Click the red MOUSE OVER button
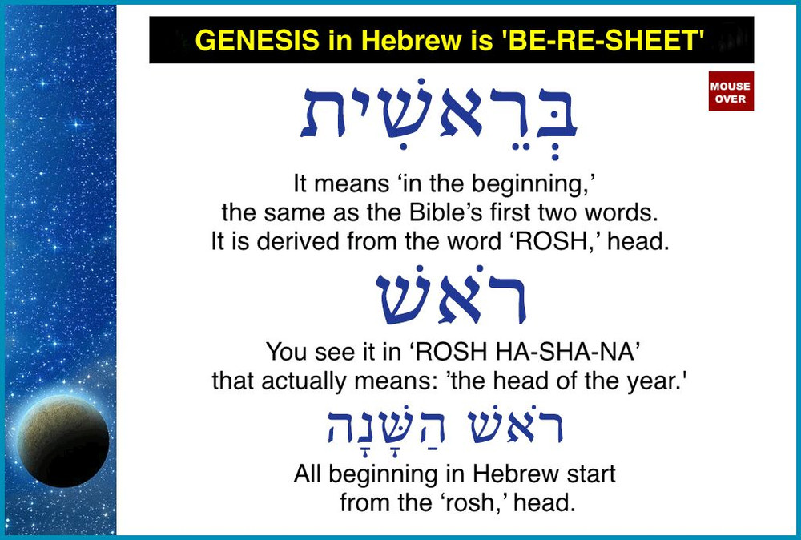click(x=731, y=91)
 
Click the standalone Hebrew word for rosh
click(x=451, y=299)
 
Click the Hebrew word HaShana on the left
click(x=368, y=429)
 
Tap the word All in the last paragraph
click(x=308, y=474)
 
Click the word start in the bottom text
click(x=591, y=474)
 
